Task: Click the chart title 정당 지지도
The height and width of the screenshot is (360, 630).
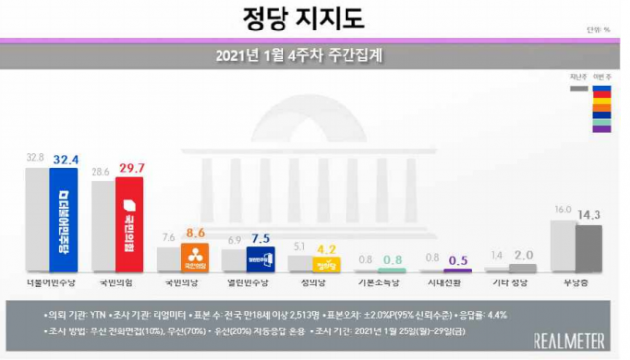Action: (315, 19)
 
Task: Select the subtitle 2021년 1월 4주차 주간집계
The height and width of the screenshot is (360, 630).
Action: (315, 55)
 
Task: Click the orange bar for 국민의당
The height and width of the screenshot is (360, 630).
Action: (195, 259)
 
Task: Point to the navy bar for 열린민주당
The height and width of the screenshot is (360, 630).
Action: (260, 260)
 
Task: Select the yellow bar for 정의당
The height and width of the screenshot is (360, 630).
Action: (326, 265)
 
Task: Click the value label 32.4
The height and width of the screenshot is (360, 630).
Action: (67, 157)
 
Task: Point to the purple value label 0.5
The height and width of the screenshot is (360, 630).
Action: (459, 260)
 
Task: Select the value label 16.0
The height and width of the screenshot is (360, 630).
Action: (562, 210)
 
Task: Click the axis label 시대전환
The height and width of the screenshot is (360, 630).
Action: (445, 283)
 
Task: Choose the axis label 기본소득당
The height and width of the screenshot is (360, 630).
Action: (379, 283)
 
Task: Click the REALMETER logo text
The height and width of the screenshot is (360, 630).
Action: (569, 340)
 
